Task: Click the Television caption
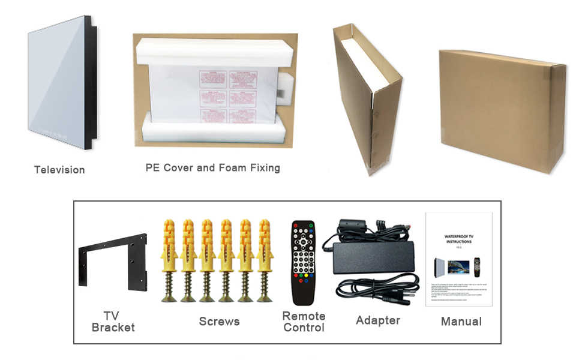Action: point(59,170)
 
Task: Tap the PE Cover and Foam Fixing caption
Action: point(212,167)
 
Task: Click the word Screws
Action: point(219,322)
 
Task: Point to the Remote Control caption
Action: point(304,322)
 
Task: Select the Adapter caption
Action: point(377,320)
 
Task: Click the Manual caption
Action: point(461,322)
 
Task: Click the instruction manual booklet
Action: point(458,259)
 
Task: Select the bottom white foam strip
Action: point(213,133)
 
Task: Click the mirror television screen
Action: point(56,81)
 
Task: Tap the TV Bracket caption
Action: point(112,322)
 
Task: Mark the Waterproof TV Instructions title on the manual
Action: point(458,239)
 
